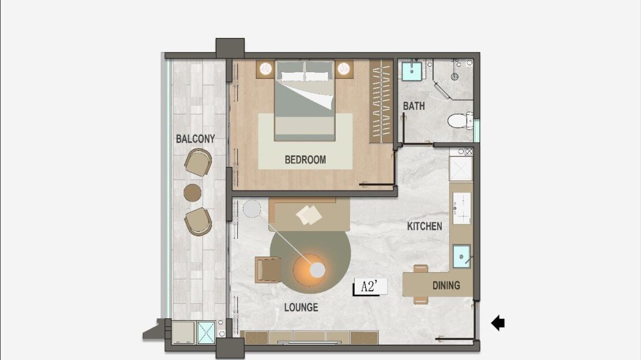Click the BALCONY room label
coord(195,139)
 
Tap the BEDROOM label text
coord(305,159)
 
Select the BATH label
coord(413,106)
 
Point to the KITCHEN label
coord(424,226)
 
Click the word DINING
coord(446,285)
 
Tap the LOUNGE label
coord(301,307)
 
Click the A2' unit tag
coord(370,287)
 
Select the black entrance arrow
coord(498,323)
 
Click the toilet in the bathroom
coord(460,121)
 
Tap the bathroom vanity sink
coord(412,70)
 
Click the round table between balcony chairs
coord(192,192)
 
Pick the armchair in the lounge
coord(268,270)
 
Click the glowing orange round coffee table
coord(310,270)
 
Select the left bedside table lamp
coord(266,69)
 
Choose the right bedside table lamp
coord(344,69)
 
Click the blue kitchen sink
coord(461,257)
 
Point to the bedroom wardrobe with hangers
coord(381,101)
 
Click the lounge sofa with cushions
coord(310,215)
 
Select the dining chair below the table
coord(420,300)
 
